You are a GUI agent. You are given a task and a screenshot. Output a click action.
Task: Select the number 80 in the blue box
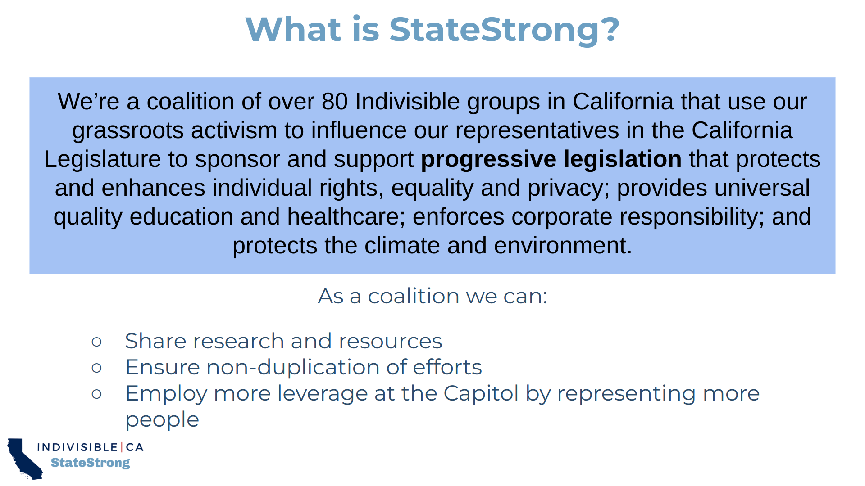click(x=334, y=102)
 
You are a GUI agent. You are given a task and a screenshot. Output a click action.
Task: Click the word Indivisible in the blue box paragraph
click(x=407, y=102)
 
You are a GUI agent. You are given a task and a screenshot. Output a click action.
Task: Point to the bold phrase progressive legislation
click(x=551, y=159)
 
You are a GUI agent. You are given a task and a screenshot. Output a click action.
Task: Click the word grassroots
click(x=128, y=131)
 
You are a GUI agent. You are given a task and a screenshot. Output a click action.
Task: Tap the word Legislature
click(x=103, y=160)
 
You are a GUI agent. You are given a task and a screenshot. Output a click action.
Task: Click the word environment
click(x=563, y=246)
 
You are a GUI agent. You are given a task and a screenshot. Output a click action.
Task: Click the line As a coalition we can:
click(x=432, y=296)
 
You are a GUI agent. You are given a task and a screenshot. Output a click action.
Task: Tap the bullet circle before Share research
click(x=96, y=342)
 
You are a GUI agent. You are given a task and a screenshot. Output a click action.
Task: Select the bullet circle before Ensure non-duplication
click(x=96, y=368)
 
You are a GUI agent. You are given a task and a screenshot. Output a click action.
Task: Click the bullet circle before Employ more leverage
click(x=96, y=394)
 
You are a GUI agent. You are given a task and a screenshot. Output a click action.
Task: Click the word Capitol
click(x=481, y=393)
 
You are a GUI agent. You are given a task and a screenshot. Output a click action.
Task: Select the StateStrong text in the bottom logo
click(x=90, y=463)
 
